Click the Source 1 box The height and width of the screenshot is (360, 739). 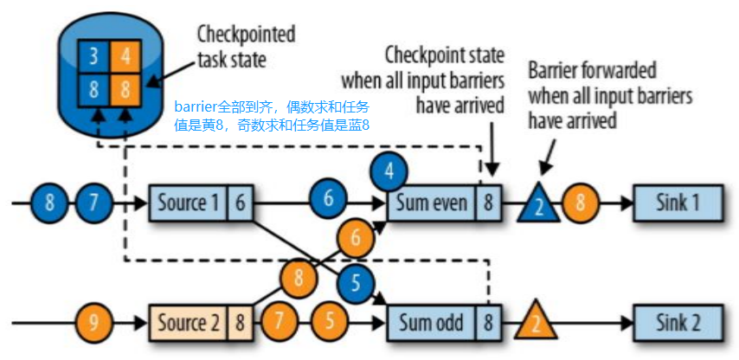188,203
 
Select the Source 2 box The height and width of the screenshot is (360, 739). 188,324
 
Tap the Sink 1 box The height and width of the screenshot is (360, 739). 677,203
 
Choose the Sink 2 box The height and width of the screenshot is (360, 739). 677,324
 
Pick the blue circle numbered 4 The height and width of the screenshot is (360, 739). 389,171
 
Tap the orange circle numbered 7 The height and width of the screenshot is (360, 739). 279,324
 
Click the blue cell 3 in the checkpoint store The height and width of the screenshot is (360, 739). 93,57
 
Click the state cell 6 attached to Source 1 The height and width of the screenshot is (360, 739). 240,203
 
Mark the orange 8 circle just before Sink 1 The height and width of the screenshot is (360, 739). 579,203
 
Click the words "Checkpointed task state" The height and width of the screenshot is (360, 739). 246,47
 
